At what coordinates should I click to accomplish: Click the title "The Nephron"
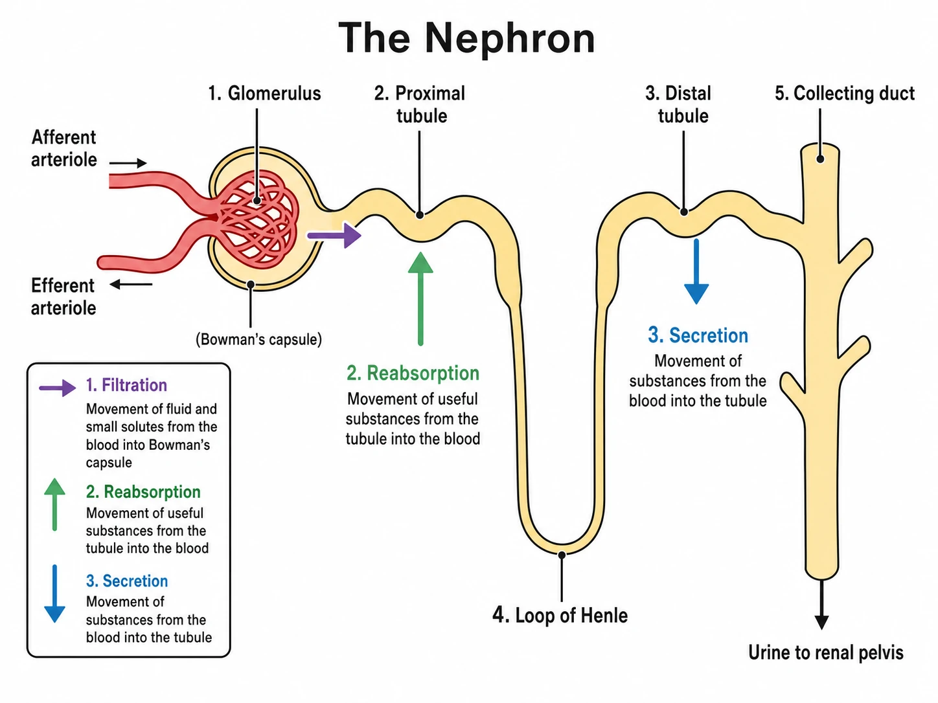click(x=466, y=39)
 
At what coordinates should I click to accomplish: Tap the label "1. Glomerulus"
click(x=264, y=93)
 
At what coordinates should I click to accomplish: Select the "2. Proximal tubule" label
click(x=420, y=105)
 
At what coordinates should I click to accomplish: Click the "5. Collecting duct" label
click(x=845, y=93)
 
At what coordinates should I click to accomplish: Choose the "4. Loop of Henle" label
click(x=560, y=615)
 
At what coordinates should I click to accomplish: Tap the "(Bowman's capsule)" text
click(x=258, y=339)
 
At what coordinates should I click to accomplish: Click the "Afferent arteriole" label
click(x=63, y=148)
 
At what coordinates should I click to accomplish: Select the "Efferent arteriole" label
click(x=63, y=296)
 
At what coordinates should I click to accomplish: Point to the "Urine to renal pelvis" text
click(x=826, y=653)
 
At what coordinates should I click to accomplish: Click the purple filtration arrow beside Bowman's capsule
click(x=334, y=235)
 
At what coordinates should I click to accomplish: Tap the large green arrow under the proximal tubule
click(x=420, y=298)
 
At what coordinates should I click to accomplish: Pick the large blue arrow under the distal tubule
click(x=696, y=271)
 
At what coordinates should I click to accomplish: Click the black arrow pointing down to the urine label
click(x=821, y=605)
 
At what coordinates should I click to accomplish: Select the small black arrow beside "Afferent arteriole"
click(x=128, y=162)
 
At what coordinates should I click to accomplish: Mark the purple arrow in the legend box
click(x=57, y=388)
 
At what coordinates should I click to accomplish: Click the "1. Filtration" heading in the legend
click(x=126, y=385)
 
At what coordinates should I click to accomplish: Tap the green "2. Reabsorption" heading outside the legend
click(x=413, y=373)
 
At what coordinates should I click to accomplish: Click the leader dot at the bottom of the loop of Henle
click(x=562, y=555)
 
